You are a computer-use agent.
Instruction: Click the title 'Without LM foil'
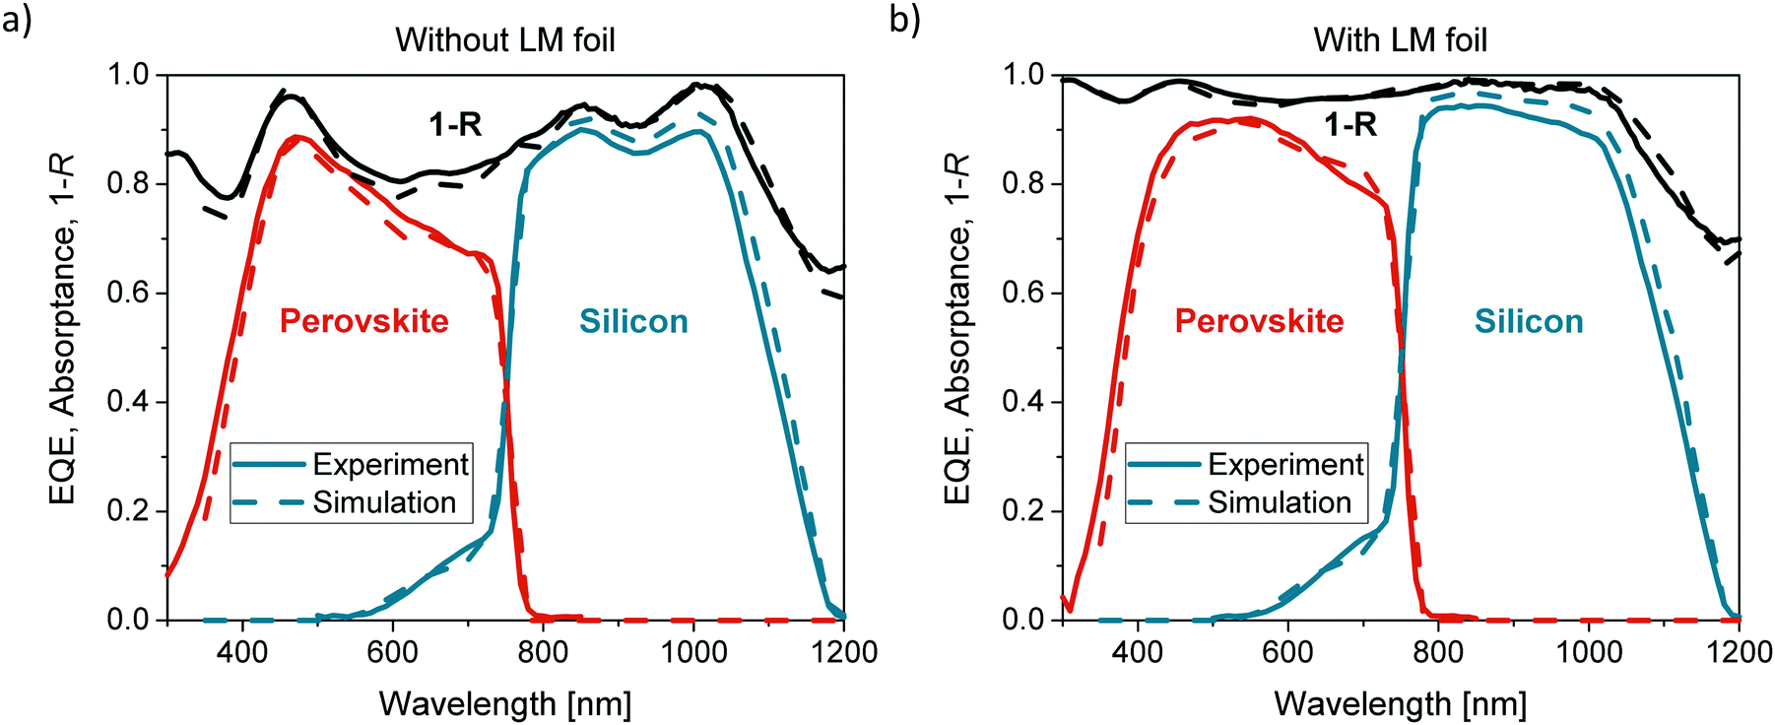pyautogui.click(x=504, y=40)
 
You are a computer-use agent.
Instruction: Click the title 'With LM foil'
pyautogui.click(x=1400, y=40)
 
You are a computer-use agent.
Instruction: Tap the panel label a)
pyautogui.click(x=17, y=19)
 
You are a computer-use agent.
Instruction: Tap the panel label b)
pyautogui.click(x=904, y=19)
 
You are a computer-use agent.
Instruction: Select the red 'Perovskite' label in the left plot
pyautogui.click(x=363, y=321)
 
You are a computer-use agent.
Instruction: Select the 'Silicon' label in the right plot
pyautogui.click(x=1528, y=321)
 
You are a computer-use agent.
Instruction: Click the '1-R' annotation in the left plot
pyautogui.click(x=455, y=125)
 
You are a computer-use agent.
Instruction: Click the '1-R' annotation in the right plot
pyautogui.click(x=1349, y=125)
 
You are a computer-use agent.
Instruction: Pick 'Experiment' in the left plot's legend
pyautogui.click(x=390, y=464)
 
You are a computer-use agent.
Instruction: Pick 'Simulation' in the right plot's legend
pyautogui.click(x=1280, y=502)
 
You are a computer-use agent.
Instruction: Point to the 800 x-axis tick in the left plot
pyautogui.click(x=543, y=651)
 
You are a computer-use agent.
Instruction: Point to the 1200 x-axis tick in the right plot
pyautogui.click(x=1740, y=651)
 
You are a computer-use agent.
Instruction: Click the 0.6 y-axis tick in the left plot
pyautogui.click(x=128, y=294)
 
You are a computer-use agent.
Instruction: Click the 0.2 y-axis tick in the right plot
pyautogui.click(x=1022, y=511)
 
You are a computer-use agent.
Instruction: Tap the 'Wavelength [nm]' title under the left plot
pyautogui.click(x=504, y=703)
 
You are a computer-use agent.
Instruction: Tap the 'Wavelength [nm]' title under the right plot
pyautogui.click(x=1400, y=703)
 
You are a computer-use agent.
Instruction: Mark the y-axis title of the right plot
pyautogui.click(x=957, y=330)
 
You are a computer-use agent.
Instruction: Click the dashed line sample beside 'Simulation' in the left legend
pyautogui.click(x=269, y=502)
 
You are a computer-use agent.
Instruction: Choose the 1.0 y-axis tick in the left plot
pyautogui.click(x=128, y=75)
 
